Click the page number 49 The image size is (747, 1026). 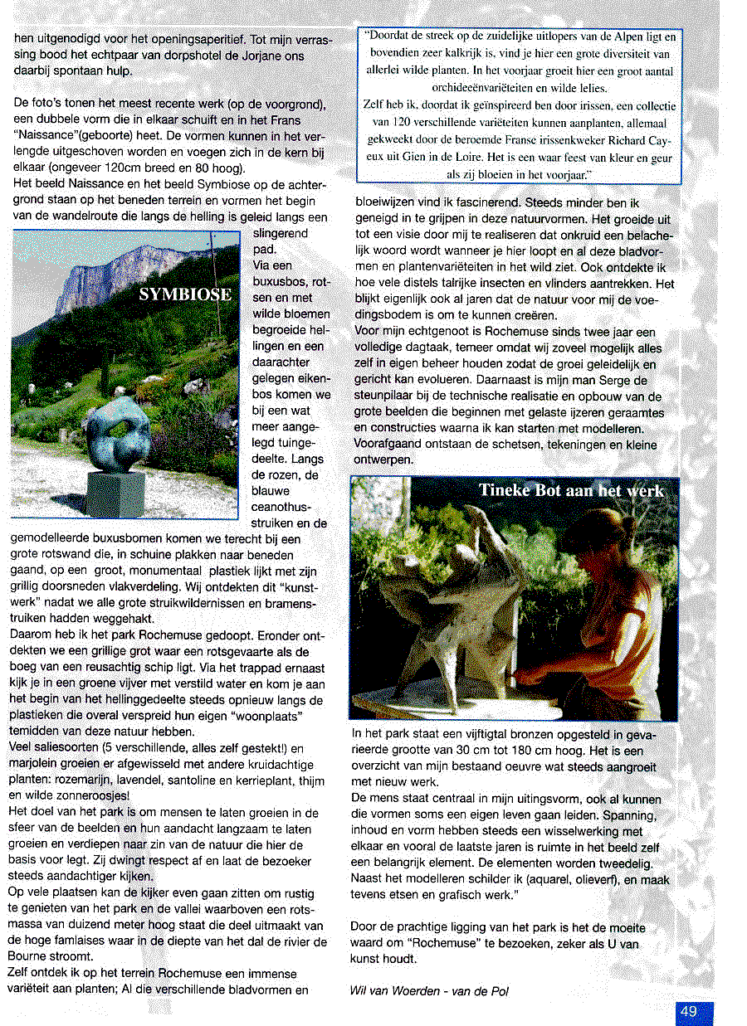[x=688, y=1011]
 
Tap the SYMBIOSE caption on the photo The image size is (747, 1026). [x=184, y=295]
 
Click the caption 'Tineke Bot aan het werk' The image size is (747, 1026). [x=571, y=490]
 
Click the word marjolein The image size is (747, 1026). [x=37, y=764]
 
